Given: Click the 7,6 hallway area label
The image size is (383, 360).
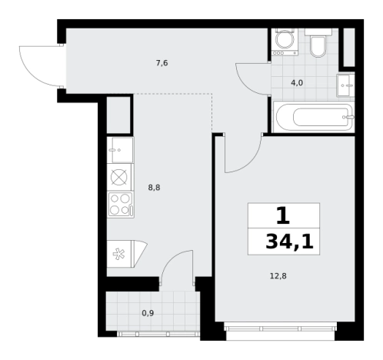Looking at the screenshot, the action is coord(162,63).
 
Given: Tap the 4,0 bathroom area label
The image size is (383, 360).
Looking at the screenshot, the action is coord(297,83).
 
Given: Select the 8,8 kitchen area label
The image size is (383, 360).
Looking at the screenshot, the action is coord(154,188).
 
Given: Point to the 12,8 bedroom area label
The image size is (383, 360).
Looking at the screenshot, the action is coord(278,276).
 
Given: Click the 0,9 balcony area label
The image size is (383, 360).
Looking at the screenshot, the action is coord(148,313).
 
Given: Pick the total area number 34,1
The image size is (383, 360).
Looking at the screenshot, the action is coord(289,242).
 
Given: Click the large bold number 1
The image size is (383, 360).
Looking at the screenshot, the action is coord(283,215).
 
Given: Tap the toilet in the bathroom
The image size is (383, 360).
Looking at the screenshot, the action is coord(318,42).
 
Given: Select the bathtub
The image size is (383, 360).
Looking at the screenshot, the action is coord(314,117).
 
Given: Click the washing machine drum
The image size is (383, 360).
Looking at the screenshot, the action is coord(285,40).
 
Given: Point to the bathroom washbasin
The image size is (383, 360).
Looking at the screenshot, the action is coord(345,85).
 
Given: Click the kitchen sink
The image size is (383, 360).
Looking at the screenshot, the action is coord(120,150).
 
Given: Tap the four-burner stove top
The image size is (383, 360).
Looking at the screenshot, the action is coord(121,205).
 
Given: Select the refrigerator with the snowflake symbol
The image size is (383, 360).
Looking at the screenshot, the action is coord(127,254).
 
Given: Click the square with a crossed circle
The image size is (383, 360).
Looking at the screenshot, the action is coord(119,177).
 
